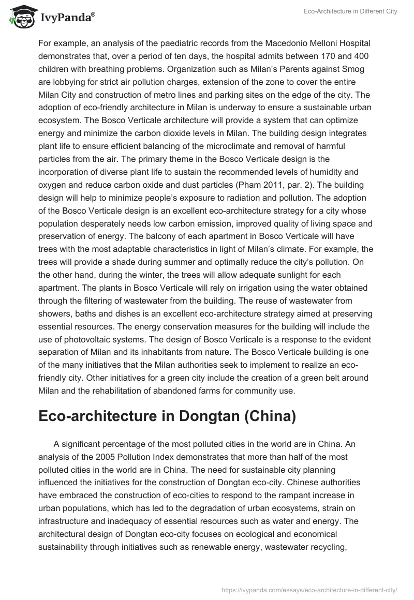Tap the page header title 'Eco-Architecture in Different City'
coord(350,11)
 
